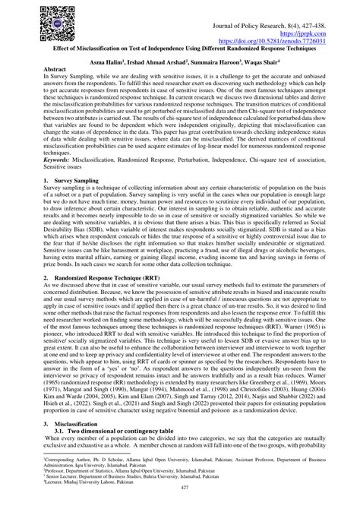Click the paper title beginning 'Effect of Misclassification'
pyautogui.click(x=180, y=49)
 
